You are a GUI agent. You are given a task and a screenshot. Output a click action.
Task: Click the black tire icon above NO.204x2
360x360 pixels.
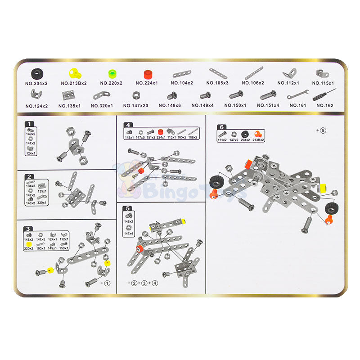pyautogui.click(x=38, y=73)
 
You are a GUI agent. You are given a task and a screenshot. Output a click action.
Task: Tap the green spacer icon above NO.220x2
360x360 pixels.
pyautogui.click(x=112, y=73)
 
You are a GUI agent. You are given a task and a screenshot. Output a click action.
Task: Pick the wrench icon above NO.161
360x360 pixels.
pyautogui.click(x=297, y=95)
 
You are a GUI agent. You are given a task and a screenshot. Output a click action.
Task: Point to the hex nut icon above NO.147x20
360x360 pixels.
pyautogui.click(x=135, y=95)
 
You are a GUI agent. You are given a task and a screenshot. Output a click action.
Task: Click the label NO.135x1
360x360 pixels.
pyautogui.click(x=69, y=106)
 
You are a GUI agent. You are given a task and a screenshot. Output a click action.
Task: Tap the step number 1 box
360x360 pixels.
pyautogui.click(x=29, y=124)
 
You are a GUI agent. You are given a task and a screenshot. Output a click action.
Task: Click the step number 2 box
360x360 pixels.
pyautogui.click(x=29, y=177)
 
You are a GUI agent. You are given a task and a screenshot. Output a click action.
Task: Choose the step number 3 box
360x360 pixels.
pyautogui.click(x=29, y=228)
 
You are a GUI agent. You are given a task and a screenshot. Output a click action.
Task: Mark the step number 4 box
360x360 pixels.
pyautogui.click(x=129, y=125)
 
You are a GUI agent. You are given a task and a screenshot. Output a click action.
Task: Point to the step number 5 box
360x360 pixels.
pyautogui.click(x=129, y=208)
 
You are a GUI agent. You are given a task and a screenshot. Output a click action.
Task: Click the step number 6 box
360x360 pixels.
pyautogui.click(x=221, y=127)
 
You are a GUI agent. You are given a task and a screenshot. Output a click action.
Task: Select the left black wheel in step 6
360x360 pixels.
pyautogui.click(x=215, y=182)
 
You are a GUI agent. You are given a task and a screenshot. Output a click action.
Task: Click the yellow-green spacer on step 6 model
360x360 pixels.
pyautogui.click(x=323, y=186)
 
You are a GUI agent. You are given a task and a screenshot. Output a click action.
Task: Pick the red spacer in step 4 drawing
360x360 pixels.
pyautogui.click(x=141, y=171)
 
